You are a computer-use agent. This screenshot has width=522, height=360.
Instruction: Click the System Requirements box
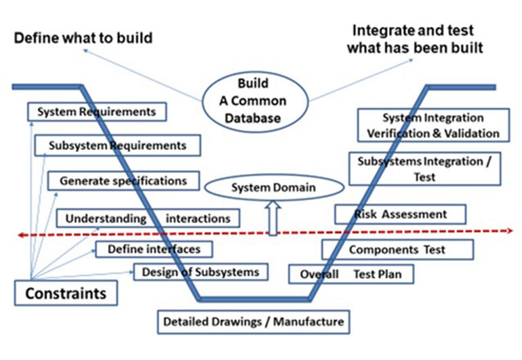[96, 112]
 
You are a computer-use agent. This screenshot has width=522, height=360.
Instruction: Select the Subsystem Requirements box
[117, 145]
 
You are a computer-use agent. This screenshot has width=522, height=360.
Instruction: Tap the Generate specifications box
[123, 181]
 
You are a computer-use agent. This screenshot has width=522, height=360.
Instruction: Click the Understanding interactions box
[148, 218]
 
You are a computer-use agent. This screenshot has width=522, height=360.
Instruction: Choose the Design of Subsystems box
[200, 272]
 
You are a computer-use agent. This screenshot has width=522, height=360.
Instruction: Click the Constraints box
[65, 294]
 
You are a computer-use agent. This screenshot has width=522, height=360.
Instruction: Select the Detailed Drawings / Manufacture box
[254, 321]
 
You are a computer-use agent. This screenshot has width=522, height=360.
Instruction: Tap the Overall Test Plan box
[350, 275]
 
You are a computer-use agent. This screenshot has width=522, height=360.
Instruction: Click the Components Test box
[397, 249]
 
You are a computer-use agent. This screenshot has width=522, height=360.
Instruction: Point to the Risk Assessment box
[401, 214]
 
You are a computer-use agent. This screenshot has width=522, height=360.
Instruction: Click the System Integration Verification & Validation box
[433, 125]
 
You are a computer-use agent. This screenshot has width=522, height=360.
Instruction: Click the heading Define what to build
[83, 38]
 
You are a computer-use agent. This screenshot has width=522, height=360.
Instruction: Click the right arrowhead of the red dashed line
[508, 231]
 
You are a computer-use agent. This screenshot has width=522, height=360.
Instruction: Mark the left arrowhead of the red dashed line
[21, 235]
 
